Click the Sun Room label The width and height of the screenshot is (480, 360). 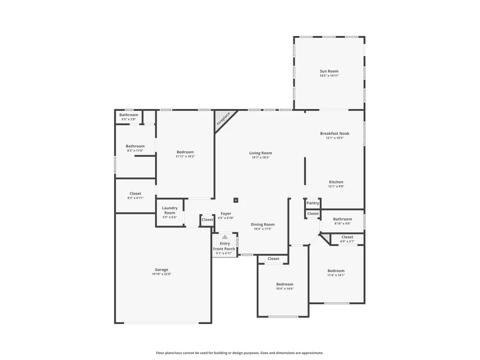coord(329,71)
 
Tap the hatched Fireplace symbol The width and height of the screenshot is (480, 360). coord(223,119)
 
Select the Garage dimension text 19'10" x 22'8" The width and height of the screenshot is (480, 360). coord(161,274)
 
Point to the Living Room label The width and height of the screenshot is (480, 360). coord(261,153)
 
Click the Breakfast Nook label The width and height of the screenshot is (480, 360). coord(335,133)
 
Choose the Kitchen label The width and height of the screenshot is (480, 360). coord(336,182)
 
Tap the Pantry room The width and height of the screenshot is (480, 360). coord(312,203)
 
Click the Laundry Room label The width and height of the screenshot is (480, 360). coord(169,210)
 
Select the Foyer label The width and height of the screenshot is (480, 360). coord(226,214)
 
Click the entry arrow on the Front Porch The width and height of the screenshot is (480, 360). coord(225,237)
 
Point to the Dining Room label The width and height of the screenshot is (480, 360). coord(263,224)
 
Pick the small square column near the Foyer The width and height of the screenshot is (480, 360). coord(236,200)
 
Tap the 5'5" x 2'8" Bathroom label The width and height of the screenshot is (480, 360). coord(129,115)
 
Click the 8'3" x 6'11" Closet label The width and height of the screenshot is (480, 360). coord(135,193)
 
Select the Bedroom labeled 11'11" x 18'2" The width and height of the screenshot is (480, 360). coord(185,152)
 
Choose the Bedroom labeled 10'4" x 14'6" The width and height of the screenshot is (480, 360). coord(285,284)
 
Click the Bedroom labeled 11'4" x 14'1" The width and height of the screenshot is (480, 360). coord(336,271)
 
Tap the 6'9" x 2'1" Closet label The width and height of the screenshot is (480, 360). coord(347,237)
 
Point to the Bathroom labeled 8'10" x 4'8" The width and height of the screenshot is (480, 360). coord(342,219)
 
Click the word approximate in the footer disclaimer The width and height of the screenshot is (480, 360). coord(313,353)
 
